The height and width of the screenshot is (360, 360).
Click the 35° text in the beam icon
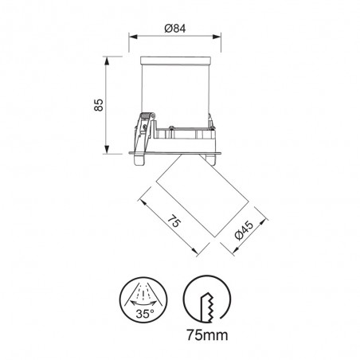[x=144, y=313]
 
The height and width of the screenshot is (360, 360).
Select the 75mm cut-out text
[x=205, y=335]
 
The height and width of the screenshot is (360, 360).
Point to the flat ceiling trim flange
[x=177, y=151]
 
